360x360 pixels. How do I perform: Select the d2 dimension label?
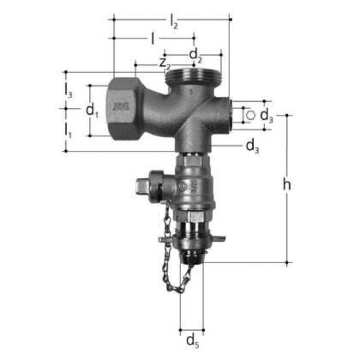(195, 55)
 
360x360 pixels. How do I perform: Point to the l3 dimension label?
(68, 89)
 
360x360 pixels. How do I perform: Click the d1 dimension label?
(92, 111)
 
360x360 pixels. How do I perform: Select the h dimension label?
(286, 185)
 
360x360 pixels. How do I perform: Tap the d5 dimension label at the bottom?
(192, 340)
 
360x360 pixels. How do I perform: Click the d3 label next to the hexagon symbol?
(267, 116)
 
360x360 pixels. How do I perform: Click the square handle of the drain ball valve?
(142, 183)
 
